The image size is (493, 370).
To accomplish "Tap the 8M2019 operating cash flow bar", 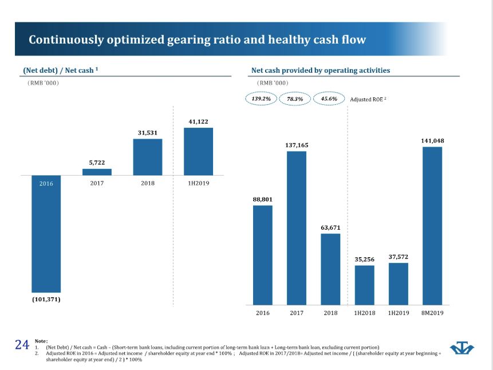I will point(432,226).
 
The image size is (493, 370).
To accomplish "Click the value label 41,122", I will point(198,121).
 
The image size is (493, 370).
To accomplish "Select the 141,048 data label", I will point(432,140).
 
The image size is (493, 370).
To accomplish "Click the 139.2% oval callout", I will point(261,99).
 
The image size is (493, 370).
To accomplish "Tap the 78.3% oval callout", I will point(295,99).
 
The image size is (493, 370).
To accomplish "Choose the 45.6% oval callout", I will point(329,99).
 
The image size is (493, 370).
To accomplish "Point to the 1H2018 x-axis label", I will point(365,313).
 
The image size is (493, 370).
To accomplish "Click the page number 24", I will point(22,344).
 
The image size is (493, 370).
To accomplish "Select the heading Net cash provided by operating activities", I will point(321,70).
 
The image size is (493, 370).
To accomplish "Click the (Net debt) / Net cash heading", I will point(58,70).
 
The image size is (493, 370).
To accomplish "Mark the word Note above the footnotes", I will point(41,340).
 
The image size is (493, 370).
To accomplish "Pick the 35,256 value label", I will point(365,259).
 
